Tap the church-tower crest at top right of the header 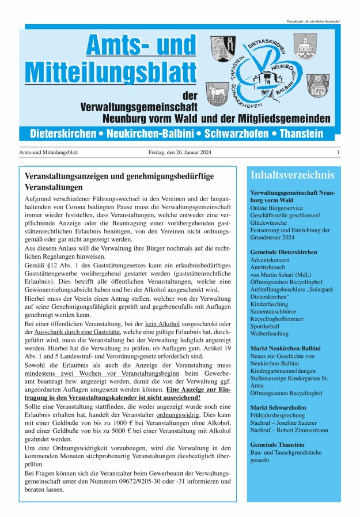point(305,46)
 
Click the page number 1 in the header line point(339,153)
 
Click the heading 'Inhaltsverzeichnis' point(291,175)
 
